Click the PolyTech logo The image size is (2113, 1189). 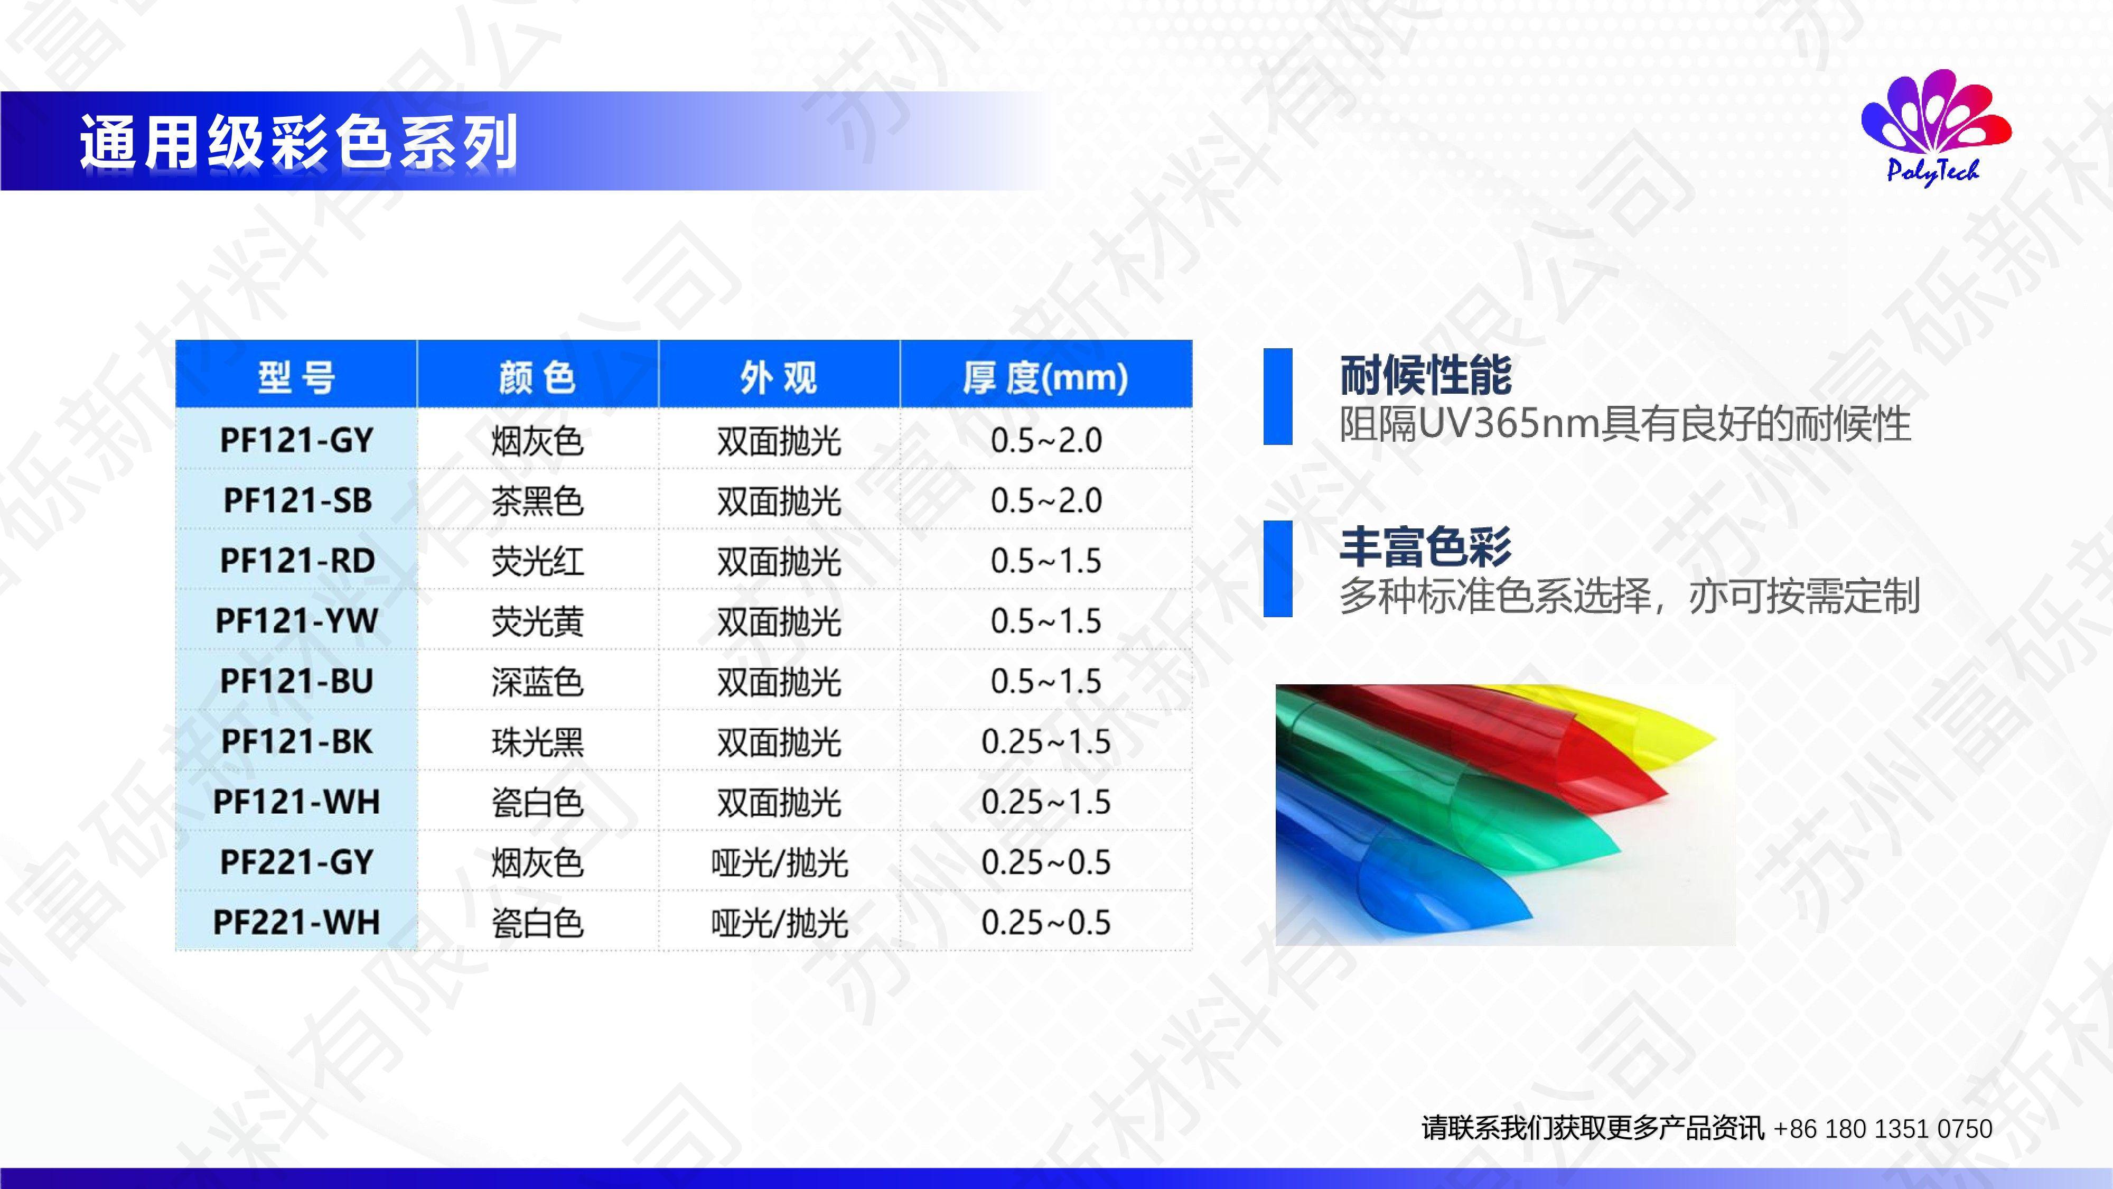pos(1936,128)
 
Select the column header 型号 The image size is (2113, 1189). pos(296,377)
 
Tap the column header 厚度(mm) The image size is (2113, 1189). pos(1046,377)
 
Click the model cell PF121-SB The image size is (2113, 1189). pos(297,500)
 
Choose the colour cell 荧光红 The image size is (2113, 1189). pos(537,561)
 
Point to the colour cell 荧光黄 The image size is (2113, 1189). pos(537,621)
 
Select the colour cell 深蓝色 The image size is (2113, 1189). pos(537,682)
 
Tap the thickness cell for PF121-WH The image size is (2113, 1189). pos(1046,802)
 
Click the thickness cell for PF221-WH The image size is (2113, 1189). pos(1046,922)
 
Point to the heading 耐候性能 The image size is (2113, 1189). pos(1426,376)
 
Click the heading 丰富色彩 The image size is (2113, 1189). pos(1426,547)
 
